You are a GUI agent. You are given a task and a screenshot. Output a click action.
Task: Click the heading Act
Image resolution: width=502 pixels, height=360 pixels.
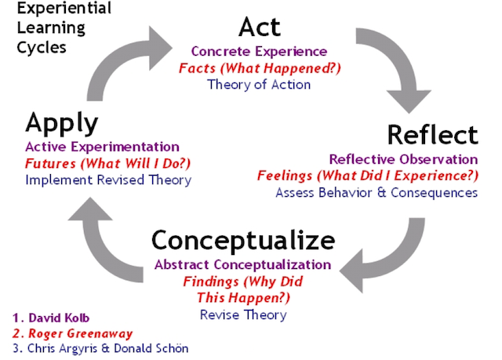pos(260,27)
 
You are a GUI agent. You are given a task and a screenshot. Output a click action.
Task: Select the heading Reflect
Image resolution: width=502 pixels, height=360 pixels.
pos(433,135)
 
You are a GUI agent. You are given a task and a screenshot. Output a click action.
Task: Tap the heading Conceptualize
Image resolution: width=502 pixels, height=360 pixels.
pos(243,241)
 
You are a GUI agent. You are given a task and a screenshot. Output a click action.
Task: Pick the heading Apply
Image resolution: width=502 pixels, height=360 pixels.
pos(62,123)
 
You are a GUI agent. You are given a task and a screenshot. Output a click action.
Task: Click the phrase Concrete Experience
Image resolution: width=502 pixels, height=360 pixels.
pos(260,51)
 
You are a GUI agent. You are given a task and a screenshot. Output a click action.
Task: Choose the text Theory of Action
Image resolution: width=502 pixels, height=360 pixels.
pos(259,85)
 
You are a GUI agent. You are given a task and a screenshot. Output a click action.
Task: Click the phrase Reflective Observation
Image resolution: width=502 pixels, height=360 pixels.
pos(403,159)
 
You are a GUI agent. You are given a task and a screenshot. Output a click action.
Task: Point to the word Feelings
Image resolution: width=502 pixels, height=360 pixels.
pos(285,176)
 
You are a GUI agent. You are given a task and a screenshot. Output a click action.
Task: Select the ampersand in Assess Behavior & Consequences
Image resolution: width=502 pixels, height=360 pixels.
pos(381,193)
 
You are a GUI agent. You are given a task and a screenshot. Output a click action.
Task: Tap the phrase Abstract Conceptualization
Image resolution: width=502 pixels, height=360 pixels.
pos(242,264)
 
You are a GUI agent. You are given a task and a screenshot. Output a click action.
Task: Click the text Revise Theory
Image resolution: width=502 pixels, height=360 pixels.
pos(243,315)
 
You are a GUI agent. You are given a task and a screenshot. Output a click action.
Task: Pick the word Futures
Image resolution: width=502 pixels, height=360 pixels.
pos(50,163)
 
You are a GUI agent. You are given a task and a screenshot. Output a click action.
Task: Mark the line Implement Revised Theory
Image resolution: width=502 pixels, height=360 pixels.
pos(108,180)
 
